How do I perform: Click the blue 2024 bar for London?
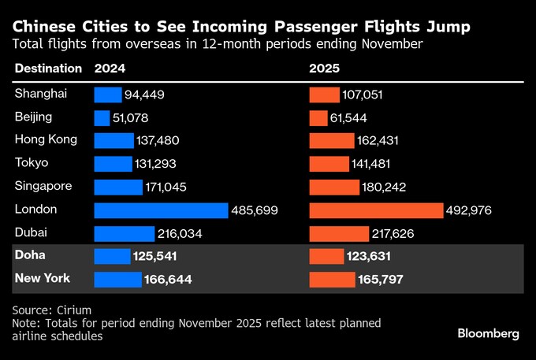[161, 210]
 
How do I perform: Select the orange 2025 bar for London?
[376, 210]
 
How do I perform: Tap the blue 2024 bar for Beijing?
[102, 118]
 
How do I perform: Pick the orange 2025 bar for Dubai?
[339, 234]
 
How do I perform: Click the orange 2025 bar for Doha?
[326, 257]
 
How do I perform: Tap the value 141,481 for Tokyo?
[376, 165]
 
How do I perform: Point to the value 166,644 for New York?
[167, 280]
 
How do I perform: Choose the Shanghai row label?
[40, 94]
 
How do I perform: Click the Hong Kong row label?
[46, 140]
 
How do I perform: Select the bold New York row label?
[43, 279]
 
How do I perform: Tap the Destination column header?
[47, 69]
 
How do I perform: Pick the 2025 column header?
[325, 69]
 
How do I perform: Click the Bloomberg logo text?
[489, 333]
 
